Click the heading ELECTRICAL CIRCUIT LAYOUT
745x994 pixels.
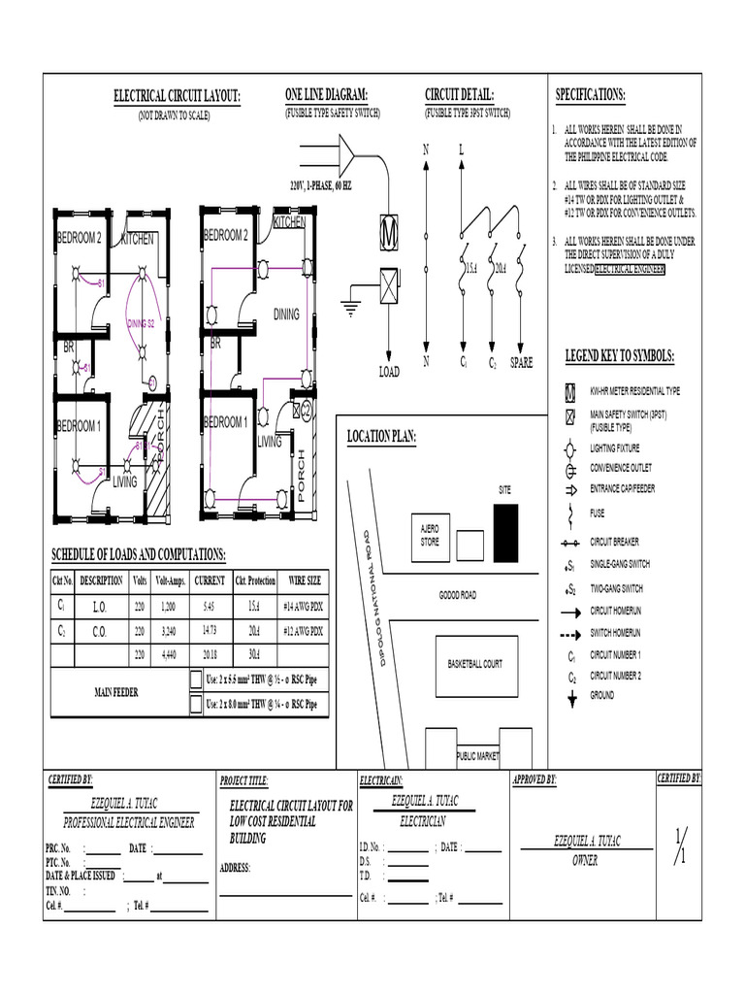(x=177, y=96)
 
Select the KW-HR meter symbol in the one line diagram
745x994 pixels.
(x=389, y=233)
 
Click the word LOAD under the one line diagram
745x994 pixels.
(x=388, y=372)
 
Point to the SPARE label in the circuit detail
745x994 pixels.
(x=522, y=363)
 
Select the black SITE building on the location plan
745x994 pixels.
(x=505, y=532)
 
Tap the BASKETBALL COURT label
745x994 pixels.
(x=475, y=665)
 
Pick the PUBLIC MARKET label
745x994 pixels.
(x=476, y=755)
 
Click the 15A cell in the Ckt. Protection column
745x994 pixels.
(x=254, y=605)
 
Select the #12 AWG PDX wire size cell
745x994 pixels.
(x=303, y=631)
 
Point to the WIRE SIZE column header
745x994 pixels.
(x=303, y=581)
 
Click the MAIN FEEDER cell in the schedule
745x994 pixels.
(x=115, y=693)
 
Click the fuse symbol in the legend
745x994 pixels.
(x=572, y=514)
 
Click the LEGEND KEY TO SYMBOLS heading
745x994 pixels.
(x=621, y=357)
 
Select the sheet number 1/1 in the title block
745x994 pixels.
(x=679, y=846)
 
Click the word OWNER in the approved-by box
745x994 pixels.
(x=585, y=861)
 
